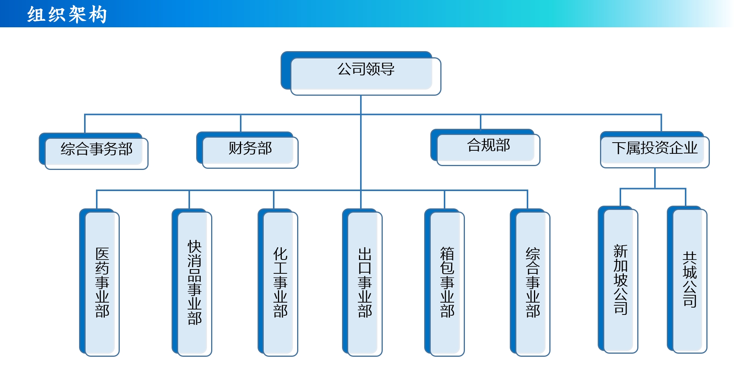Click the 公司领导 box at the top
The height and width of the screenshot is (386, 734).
click(361, 73)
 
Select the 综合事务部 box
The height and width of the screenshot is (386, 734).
click(94, 151)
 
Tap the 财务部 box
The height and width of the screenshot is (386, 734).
click(247, 150)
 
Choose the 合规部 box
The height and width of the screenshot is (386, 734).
click(485, 147)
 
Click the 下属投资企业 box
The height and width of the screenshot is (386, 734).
click(655, 150)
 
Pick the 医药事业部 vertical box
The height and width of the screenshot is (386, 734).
click(99, 283)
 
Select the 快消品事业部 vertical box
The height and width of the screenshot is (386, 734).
click(192, 283)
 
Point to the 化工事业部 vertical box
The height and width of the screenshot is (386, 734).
click(278, 283)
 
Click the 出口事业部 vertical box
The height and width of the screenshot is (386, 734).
click(362, 283)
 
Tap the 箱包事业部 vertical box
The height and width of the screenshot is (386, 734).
click(445, 283)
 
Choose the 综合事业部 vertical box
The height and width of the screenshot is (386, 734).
click(530, 283)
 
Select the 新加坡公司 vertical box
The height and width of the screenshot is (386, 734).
click(618, 280)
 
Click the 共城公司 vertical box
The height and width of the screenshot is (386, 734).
click(687, 280)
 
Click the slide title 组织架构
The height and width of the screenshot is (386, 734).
click(67, 15)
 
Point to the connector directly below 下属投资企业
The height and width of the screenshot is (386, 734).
click(655, 178)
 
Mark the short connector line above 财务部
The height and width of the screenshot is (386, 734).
click(241, 123)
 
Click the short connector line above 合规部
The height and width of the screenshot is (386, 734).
click(481, 122)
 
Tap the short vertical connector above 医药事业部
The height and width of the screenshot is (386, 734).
click(97, 200)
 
